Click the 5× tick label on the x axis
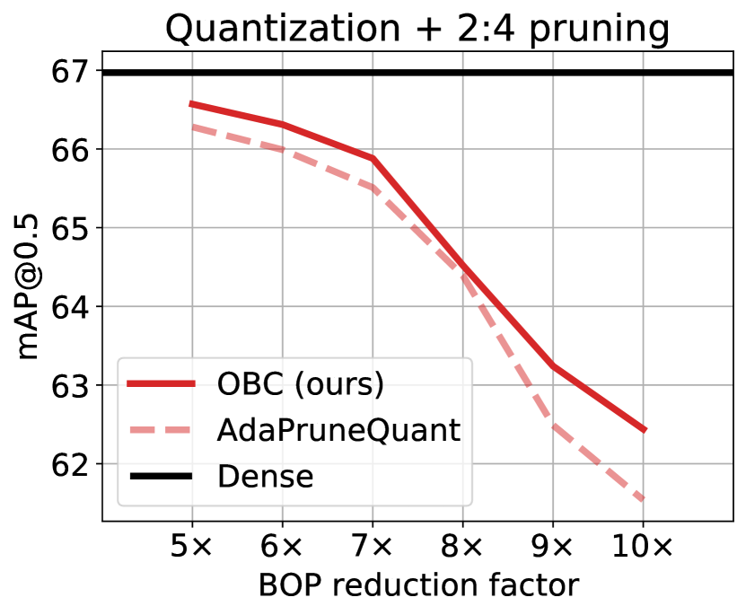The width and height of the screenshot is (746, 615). (x=192, y=545)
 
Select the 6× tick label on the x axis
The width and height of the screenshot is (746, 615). (x=283, y=545)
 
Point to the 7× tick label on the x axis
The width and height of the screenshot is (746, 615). (x=373, y=545)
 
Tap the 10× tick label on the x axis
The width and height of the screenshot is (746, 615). (x=644, y=545)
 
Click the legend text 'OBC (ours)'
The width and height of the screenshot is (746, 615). (x=301, y=383)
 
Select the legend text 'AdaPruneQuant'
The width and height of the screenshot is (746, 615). (x=338, y=430)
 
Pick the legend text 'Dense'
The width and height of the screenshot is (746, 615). (x=265, y=477)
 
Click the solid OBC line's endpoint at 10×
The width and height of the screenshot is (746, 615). (x=644, y=430)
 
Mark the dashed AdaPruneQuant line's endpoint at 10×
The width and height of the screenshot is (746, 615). (x=644, y=499)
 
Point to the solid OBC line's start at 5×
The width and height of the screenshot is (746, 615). (x=192, y=104)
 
